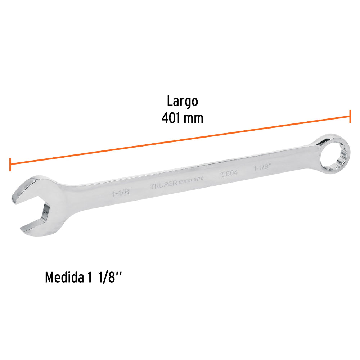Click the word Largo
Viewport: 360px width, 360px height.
(x=182, y=102)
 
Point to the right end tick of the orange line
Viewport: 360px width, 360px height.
(x=350, y=116)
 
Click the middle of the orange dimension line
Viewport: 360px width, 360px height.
(x=180, y=140)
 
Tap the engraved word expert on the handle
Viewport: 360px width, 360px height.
(x=191, y=180)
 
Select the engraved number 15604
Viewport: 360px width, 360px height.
(x=229, y=173)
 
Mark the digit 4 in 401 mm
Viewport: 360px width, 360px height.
(x=165, y=118)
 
